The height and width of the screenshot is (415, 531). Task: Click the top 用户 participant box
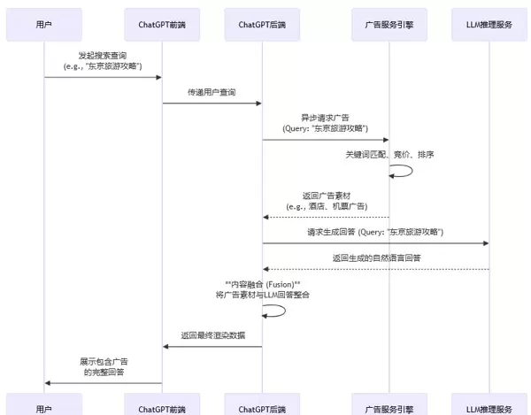pyautogui.click(x=44, y=25)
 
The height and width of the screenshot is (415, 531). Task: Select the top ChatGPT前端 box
pyautogui.click(x=162, y=25)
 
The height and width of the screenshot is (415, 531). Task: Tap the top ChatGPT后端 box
pyautogui.click(x=262, y=25)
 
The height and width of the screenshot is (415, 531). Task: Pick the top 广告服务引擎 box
pyautogui.click(x=389, y=25)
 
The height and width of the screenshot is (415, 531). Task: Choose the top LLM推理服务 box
pyautogui.click(x=488, y=25)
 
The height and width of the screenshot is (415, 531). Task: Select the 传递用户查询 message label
pyautogui.click(x=212, y=91)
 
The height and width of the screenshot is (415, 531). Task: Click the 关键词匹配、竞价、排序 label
pyautogui.click(x=389, y=154)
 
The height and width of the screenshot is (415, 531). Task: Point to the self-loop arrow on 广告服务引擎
pyautogui.click(x=404, y=170)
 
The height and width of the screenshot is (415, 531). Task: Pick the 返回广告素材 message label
pyautogui.click(x=326, y=200)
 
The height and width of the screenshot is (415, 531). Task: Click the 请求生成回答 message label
pyautogui.click(x=375, y=232)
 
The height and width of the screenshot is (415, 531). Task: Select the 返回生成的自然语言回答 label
pyautogui.click(x=376, y=257)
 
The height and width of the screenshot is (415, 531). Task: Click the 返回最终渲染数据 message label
pyautogui.click(x=212, y=335)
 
